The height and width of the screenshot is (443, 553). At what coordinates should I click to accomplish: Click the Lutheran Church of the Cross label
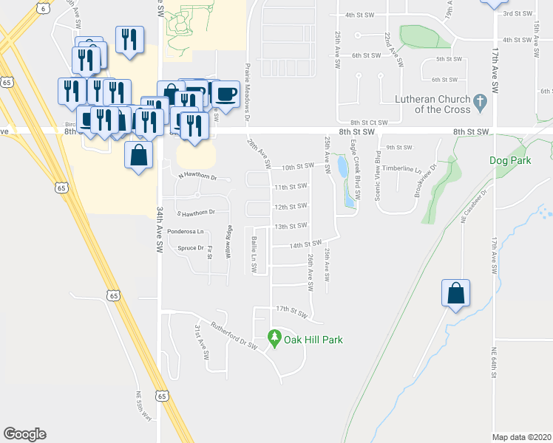pos(421,104)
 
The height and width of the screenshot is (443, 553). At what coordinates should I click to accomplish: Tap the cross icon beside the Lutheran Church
pos(480,102)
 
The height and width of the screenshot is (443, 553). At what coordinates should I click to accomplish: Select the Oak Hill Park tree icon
pos(274,338)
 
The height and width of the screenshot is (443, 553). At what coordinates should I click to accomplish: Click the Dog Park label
pos(509,159)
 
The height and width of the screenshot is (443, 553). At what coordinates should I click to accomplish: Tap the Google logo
pos(24,434)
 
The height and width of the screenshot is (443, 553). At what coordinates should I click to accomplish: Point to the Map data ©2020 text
pos(522,437)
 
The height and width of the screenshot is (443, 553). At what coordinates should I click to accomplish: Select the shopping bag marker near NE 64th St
pos(455,293)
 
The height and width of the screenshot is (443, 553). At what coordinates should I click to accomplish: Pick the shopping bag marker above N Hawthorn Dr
pos(138,156)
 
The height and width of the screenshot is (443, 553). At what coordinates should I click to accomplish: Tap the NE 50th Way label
pos(143,405)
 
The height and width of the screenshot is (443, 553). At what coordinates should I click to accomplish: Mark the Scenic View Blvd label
pos(377,175)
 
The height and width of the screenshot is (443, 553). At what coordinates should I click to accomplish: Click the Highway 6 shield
pos(44,8)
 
